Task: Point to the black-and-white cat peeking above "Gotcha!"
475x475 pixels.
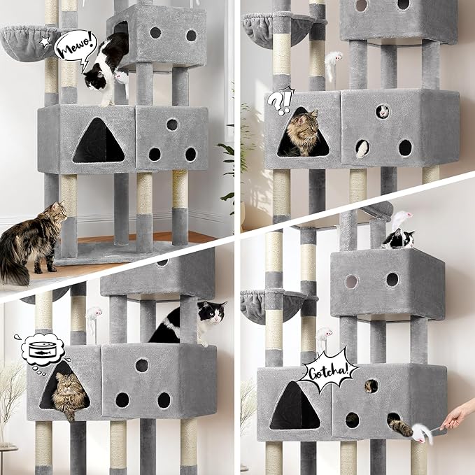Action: pos(398,239)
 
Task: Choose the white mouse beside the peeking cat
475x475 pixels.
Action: pos(400,218)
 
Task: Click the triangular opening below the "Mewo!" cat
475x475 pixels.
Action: pos(99,141)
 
